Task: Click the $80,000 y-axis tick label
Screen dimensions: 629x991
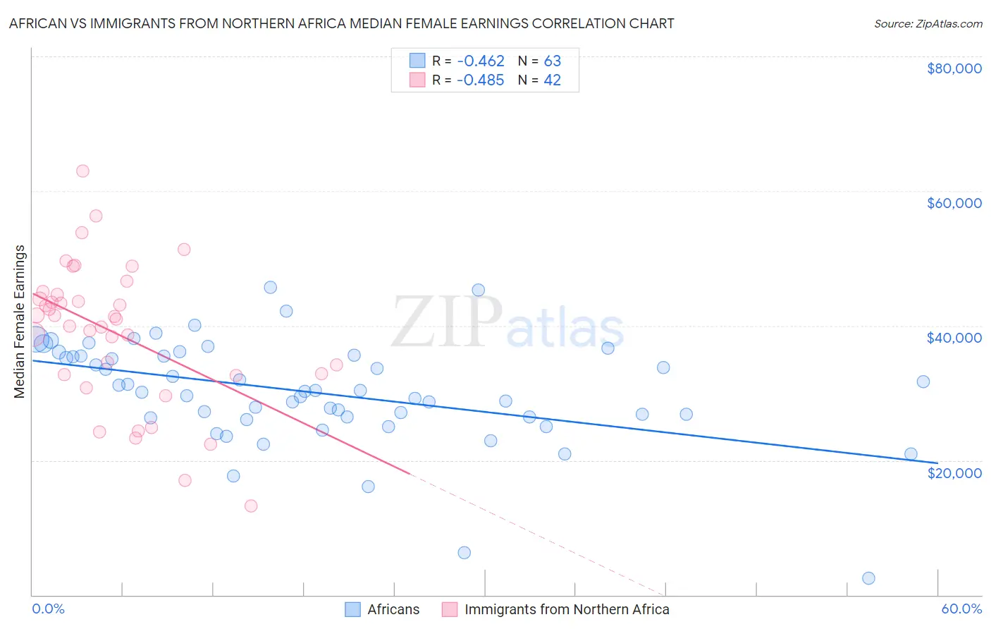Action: coord(954,68)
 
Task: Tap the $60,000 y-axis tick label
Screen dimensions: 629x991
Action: coord(954,203)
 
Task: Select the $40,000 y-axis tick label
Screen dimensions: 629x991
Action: coord(954,338)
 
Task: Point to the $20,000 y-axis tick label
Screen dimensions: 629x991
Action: coord(954,472)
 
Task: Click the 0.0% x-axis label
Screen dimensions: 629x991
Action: coord(48,609)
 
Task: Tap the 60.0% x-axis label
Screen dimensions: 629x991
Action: coord(961,609)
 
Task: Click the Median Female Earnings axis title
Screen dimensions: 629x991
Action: coord(20,322)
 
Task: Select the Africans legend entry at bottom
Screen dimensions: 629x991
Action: coord(393,609)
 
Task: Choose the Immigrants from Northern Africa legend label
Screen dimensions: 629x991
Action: coord(567,609)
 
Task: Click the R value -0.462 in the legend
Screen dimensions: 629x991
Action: coord(481,61)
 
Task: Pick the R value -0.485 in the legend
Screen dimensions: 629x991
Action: coord(481,80)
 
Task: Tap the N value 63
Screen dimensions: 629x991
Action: coord(552,61)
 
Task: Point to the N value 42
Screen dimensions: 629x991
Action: coord(552,80)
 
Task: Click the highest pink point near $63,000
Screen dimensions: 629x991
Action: coord(82,171)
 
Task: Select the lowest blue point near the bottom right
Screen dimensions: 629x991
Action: coord(868,578)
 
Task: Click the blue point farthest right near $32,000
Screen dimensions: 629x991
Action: coord(923,381)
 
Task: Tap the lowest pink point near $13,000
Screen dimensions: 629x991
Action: coord(251,506)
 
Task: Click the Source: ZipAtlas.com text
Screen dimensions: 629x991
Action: coord(928,24)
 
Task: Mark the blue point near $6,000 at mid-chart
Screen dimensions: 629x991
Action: coord(464,553)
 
